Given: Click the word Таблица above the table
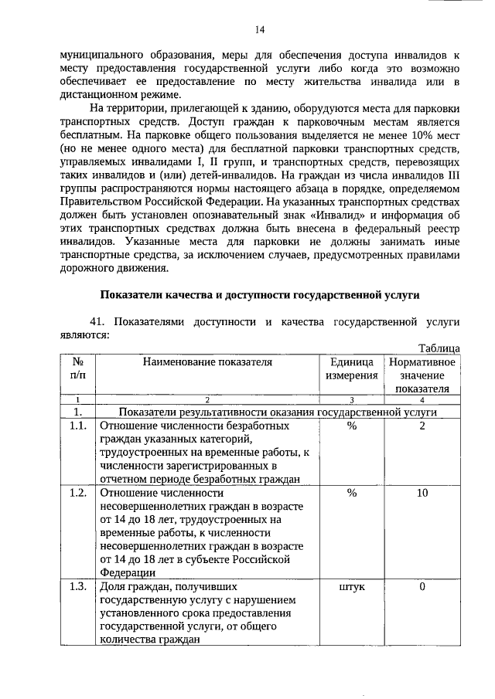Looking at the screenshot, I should pyautogui.click(x=439, y=348).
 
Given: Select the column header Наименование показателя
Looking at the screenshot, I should pyautogui.click(x=207, y=361).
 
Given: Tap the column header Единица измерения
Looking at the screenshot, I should pyautogui.click(x=351, y=368).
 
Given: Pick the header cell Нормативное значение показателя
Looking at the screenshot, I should pyautogui.click(x=422, y=375).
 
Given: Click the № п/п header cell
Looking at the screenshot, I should pyautogui.click(x=77, y=368).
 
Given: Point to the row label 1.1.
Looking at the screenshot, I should pyautogui.click(x=77, y=426).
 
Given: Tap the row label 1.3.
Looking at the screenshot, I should pyautogui.click(x=77, y=587).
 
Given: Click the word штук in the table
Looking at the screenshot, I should pyautogui.click(x=352, y=587).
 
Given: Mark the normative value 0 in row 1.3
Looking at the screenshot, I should pyautogui.click(x=422, y=587).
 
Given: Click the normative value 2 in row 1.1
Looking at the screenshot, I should pyautogui.click(x=422, y=426).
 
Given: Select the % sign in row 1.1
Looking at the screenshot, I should pyautogui.click(x=352, y=426).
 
